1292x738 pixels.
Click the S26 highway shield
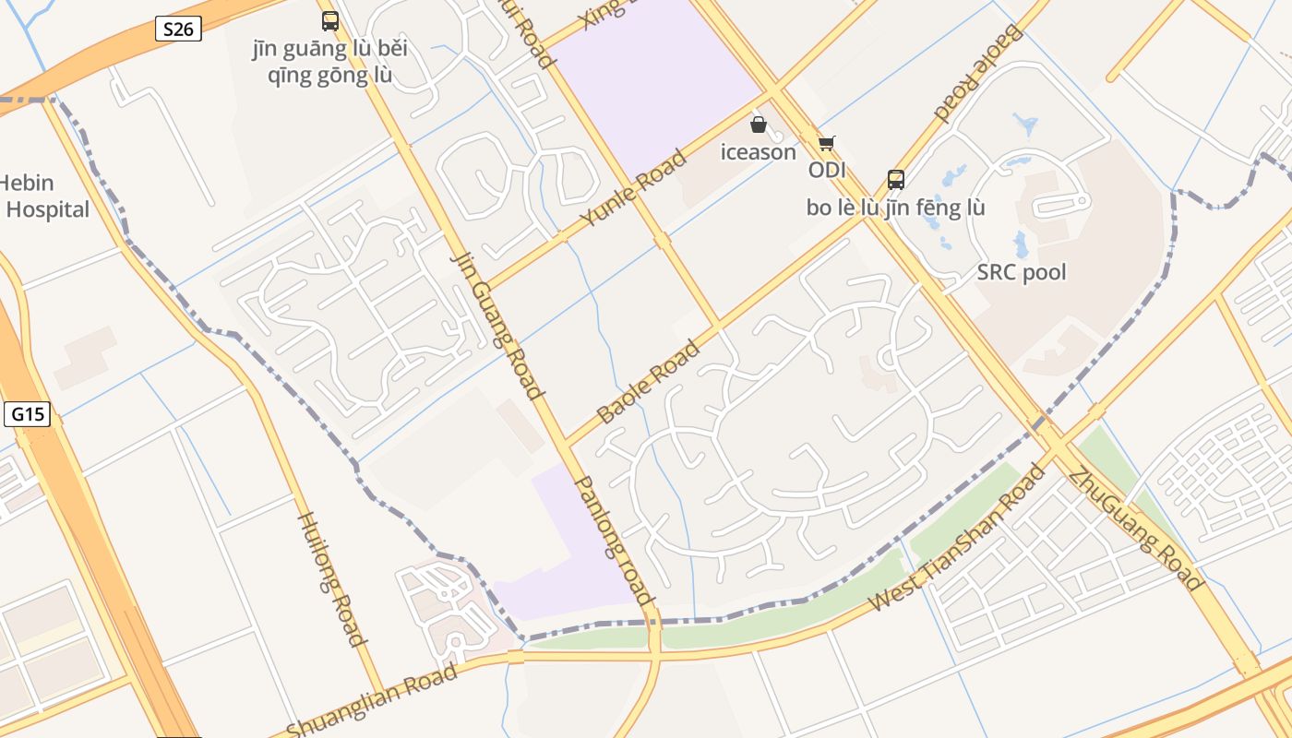[x=178, y=29]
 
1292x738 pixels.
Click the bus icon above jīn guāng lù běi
[x=330, y=20]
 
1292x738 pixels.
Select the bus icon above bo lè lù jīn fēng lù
[x=895, y=179]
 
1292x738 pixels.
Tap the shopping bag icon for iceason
[x=759, y=125]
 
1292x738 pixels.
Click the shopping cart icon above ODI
[x=826, y=143]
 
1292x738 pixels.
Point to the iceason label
[x=759, y=152]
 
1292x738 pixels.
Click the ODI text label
[x=827, y=171]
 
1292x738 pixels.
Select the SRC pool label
[x=1022, y=272]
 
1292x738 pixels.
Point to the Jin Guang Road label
[x=496, y=323]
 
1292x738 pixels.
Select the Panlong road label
[x=615, y=540]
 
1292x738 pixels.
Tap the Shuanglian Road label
[x=371, y=700]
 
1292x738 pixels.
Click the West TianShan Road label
[x=957, y=538]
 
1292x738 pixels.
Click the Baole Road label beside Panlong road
[x=648, y=382]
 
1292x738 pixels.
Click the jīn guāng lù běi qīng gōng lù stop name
[x=329, y=62]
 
